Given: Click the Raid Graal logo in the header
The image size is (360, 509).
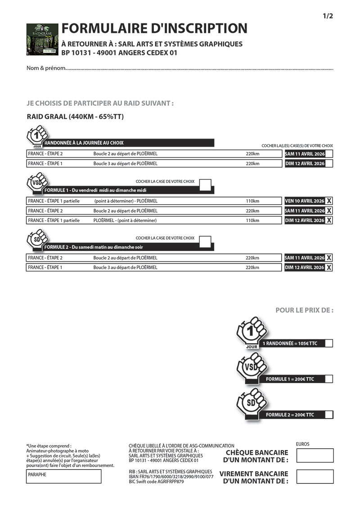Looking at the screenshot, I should coord(42,39).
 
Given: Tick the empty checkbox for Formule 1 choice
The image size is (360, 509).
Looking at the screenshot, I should coord(205,184).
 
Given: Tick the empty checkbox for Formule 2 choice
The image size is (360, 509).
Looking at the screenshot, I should coord(205,241).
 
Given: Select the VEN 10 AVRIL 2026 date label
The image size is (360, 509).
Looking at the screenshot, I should coord(304,201).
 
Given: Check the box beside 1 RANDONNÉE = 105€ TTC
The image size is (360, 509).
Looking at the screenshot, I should coord(328,344).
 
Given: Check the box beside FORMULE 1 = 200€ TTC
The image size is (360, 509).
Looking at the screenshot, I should coord(328,379).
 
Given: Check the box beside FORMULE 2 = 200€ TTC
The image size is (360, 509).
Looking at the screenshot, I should coord(328,415).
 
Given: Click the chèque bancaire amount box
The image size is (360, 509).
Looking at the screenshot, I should coord(315,455).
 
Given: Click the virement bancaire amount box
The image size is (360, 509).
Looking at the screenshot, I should coord(315,477).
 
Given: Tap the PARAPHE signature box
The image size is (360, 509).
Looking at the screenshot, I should coord(63,476).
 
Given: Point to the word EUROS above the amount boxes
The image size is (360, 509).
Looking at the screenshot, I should coord(303,444).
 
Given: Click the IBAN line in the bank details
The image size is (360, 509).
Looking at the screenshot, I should coord(171,477).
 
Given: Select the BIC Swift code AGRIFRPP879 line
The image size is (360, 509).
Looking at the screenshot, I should coord(156,482).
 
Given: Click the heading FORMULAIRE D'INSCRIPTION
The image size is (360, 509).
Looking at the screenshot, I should coord(154,29).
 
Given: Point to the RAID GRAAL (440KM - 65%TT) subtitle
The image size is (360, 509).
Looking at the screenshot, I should coord(75,117).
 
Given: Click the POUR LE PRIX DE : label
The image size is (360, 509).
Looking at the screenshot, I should coord(304,310).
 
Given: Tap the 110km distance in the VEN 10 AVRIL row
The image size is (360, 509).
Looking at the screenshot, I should coord(252,201).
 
